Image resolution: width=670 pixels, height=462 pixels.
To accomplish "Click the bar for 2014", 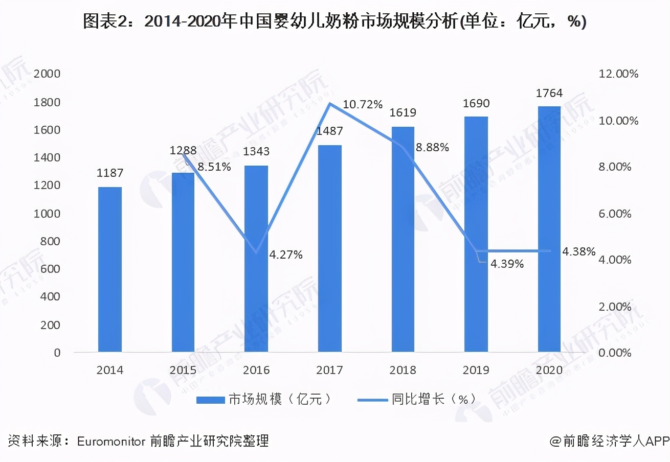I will pyautogui.click(x=109, y=269).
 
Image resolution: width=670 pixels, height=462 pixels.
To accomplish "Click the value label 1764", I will pyautogui.click(x=549, y=93).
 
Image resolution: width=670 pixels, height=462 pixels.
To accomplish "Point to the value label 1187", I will pyautogui.click(x=109, y=173).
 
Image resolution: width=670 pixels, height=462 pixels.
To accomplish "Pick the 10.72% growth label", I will pyautogui.click(x=363, y=105).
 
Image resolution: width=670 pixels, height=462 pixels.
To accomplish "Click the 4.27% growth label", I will pyautogui.click(x=286, y=255).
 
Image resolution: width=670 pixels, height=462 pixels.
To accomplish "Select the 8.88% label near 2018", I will pyautogui.click(x=432, y=148).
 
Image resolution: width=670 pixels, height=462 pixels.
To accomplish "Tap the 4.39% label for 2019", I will pyautogui.click(x=507, y=264).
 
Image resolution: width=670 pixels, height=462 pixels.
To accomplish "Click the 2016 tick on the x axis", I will pyautogui.click(x=256, y=370).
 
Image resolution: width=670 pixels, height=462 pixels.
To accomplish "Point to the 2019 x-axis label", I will pyautogui.click(x=476, y=370).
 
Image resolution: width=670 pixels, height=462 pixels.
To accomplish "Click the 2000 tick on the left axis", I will pyautogui.click(x=47, y=74).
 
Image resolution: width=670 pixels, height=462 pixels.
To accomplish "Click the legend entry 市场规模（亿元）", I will pyautogui.click(x=266, y=400).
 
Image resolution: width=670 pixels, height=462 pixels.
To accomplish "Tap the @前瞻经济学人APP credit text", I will pyautogui.click(x=609, y=441).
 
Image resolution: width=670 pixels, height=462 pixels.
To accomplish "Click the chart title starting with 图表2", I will pyautogui.click(x=334, y=21).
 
